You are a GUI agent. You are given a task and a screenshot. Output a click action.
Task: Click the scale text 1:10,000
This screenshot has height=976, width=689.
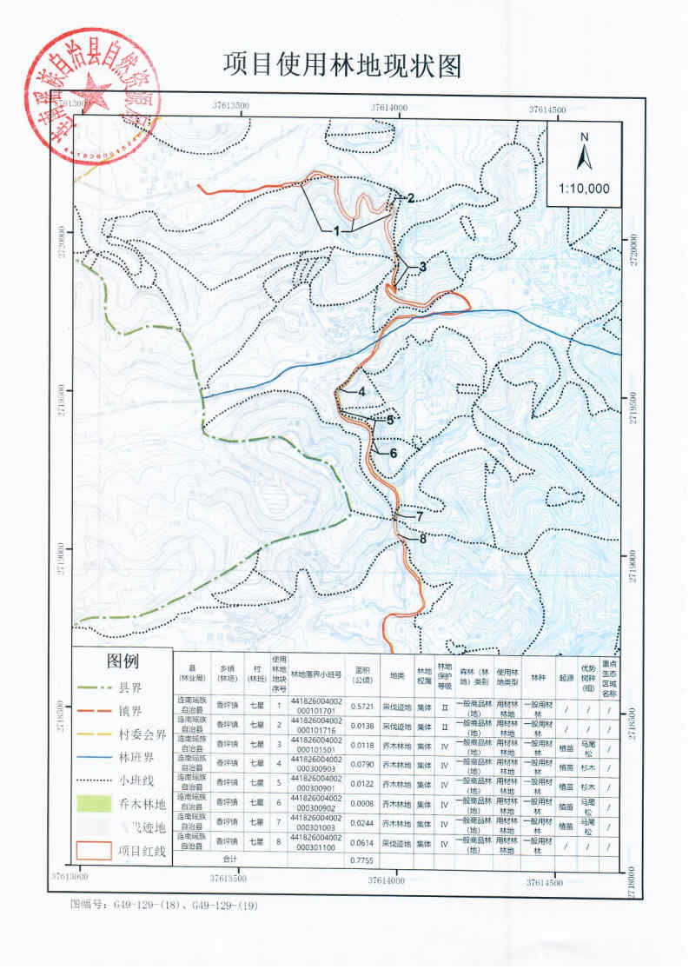point(585,188)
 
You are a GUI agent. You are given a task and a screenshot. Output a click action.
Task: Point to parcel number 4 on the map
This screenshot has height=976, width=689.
point(361,391)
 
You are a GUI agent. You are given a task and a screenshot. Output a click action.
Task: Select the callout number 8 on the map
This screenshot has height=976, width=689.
point(423,539)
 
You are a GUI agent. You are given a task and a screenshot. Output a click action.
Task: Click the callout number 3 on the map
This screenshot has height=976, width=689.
point(423,267)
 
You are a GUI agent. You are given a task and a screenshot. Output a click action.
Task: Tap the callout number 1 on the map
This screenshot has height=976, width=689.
point(334,230)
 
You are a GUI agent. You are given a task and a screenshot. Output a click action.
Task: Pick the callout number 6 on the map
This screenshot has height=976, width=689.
point(392,453)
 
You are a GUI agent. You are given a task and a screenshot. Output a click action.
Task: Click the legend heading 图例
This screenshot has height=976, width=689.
point(123,661)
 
